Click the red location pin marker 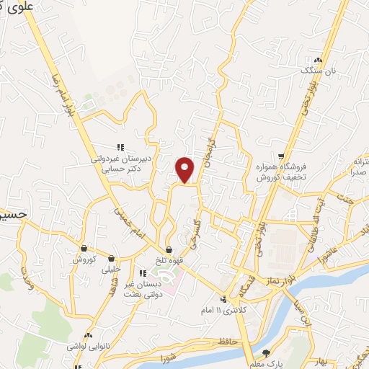tap(185, 169)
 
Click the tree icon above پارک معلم tap(266, 353)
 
